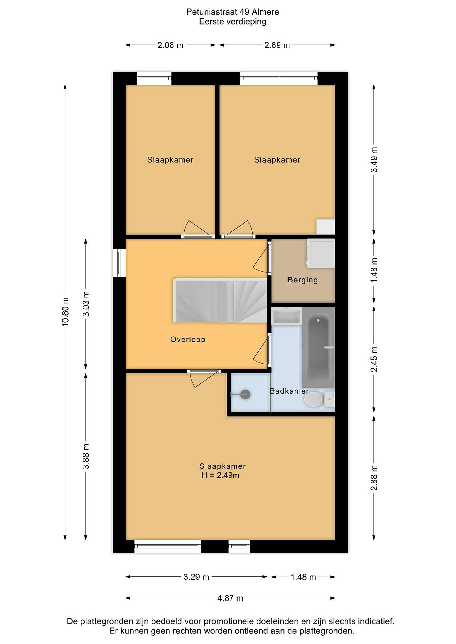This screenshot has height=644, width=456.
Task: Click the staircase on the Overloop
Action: (220, 300)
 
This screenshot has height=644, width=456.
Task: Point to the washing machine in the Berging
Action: (321, 252)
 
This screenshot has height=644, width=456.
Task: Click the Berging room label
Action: (303, 280)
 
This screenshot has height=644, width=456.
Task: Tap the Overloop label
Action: (188, 339)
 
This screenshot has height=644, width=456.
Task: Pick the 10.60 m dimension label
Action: (65, 312)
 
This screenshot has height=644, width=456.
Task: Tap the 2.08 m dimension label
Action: (170, 45)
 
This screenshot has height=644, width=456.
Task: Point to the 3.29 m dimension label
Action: (196, 577)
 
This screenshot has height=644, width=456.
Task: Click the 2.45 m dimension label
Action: (374, 359)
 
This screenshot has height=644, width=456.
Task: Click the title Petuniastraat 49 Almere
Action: (233, 12)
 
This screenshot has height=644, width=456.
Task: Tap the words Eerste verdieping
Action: (233, 22)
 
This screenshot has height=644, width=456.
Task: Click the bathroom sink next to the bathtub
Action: (286, 316)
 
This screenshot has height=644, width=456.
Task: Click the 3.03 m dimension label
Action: (86, 304)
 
